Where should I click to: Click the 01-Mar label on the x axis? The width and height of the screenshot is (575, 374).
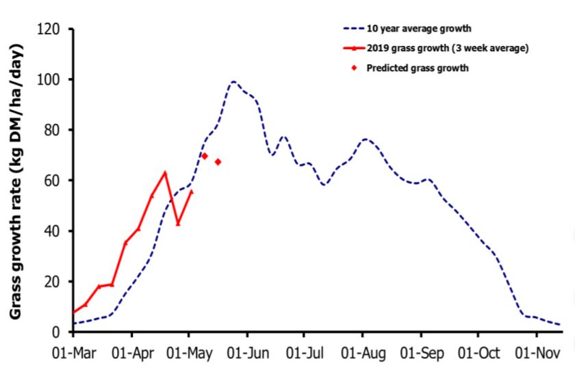pos(74,353)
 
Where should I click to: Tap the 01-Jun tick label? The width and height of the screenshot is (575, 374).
pos(248,353)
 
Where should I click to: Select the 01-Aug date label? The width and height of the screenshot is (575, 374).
pos(363,353)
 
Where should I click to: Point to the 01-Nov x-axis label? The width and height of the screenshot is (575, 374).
pos(537,353)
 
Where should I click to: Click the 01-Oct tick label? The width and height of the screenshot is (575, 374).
pos(478,353)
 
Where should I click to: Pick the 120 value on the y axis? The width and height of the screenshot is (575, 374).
pos(48,29)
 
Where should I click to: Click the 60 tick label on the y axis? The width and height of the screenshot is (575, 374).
pos(52,181)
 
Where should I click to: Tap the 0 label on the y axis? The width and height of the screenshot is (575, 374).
pos(55,332)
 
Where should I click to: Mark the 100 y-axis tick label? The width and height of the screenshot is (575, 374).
pos(48,79)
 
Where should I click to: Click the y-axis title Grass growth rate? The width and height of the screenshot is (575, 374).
pos(16,181)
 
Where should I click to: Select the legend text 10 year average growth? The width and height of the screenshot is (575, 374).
pos(419,29)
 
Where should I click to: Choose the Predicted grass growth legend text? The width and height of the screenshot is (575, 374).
pos(418,68)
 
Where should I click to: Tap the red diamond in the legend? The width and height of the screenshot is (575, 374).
pos(355,68)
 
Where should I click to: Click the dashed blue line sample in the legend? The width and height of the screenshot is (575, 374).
pos(354,29)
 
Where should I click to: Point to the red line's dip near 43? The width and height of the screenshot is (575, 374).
pos(178,224)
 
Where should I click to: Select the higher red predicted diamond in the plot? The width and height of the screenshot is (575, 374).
pos(205,156)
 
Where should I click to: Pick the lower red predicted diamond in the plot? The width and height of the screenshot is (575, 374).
pos(218,162)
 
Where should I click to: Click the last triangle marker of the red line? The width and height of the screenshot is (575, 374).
pos(191,191)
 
